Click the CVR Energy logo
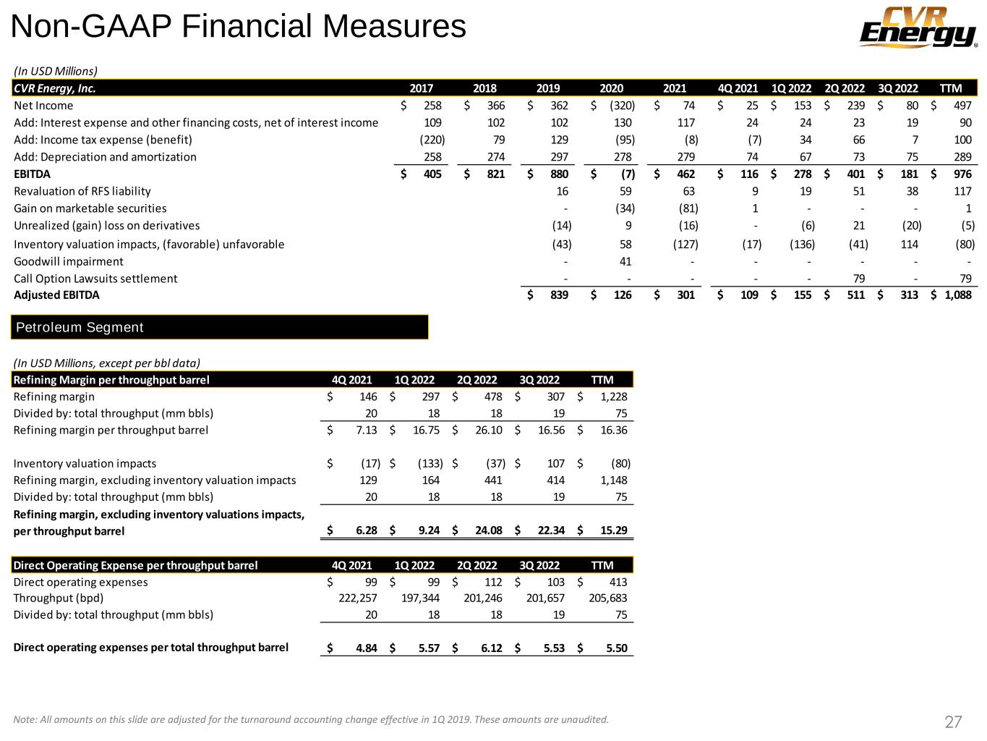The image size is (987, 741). click(918, 28)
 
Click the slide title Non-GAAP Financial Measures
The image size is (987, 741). click(239, 27)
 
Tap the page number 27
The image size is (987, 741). click(953, 721)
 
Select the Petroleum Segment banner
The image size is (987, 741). click(220, 327)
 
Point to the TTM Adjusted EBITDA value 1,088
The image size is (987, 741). click(958, 295)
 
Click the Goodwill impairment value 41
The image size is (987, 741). click(625, 261)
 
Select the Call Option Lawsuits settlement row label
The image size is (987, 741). click(95, 279)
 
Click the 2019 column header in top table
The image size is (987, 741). click(548, 88)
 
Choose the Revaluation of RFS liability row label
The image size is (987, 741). click(82, 191)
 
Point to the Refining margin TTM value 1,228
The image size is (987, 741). click(613, 397)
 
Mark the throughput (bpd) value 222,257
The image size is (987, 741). click(358, 598)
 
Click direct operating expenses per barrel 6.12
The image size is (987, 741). click(491, 648)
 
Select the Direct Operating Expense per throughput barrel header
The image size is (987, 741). click(136, 565)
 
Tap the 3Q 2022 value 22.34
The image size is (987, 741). click(550, 530)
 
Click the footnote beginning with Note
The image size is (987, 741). click(311, 719)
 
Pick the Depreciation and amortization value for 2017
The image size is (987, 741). click(432, 157)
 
